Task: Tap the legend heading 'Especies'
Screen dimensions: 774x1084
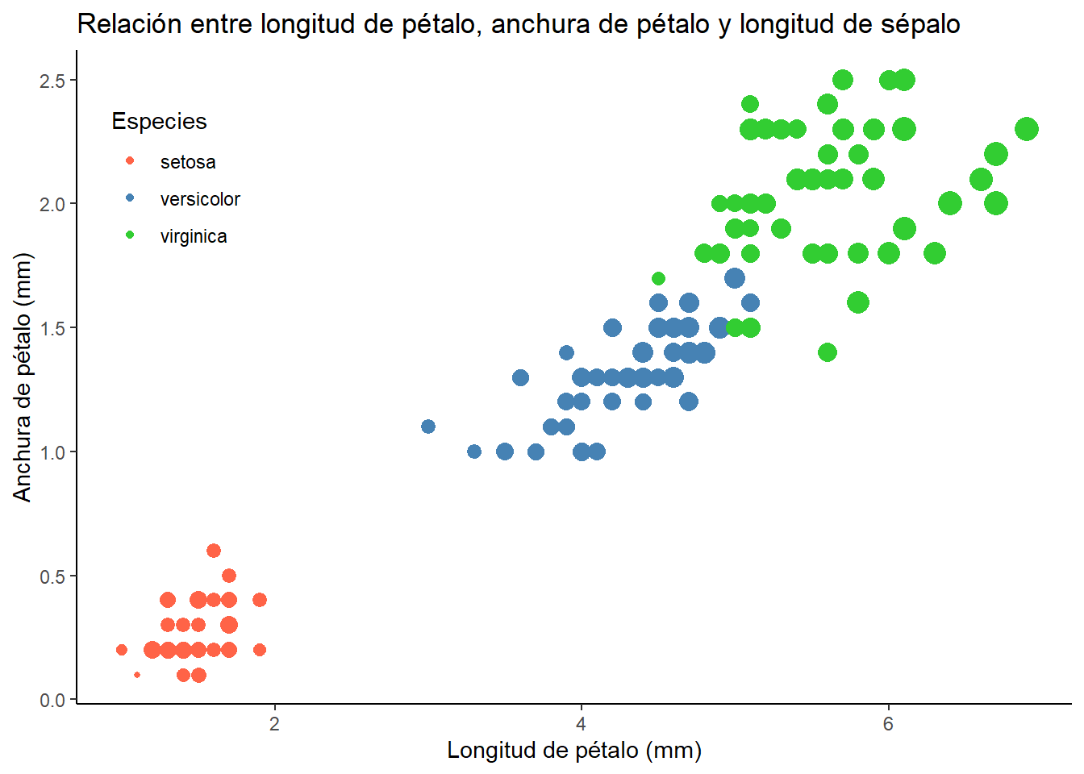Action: (159, 122)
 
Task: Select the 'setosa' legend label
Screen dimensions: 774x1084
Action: (188, 162)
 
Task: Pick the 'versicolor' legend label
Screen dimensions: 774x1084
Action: (200, 199)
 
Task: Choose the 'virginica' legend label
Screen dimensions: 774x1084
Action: (194, 236)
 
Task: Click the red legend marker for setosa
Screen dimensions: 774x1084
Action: (130, 161)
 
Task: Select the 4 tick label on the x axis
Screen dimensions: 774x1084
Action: (581, 723)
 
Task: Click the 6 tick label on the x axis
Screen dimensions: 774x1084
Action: (888, 723)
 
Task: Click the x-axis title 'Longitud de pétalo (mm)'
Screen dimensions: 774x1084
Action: (574, 751)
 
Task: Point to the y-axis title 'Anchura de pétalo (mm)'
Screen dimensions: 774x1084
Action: (23, 377)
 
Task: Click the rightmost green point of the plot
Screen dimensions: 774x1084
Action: (1026, 129)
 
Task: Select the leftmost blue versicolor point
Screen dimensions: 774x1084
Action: (428, 427)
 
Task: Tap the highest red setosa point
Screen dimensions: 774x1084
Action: (214, 551)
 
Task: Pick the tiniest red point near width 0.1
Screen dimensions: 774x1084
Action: (137, 675)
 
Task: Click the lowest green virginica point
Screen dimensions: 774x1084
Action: (827, 352)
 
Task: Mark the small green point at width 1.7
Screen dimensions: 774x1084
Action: (658, 279)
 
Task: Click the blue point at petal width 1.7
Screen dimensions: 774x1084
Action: (735, 278)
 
